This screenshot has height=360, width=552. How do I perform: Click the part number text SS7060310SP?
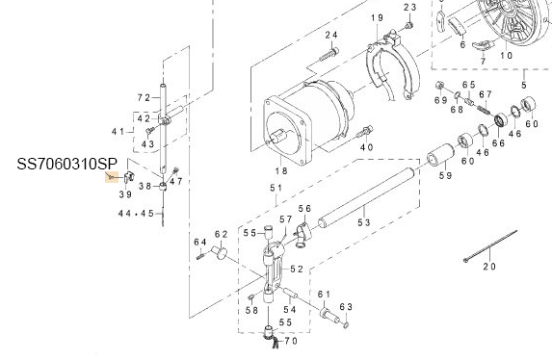(66, 164)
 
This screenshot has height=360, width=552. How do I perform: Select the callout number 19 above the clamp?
(376, 19)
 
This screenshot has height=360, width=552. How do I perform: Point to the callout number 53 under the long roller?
(364, 222)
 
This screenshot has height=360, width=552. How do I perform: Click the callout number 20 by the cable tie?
(488, 266)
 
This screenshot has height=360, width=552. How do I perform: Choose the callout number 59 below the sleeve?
(446, 176)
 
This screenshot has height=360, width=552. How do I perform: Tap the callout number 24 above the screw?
(331, 36)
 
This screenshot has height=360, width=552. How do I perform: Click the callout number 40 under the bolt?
(366, 148)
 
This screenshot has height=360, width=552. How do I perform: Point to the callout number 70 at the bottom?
(291, 342)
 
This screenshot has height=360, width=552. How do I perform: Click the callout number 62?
(221, 234)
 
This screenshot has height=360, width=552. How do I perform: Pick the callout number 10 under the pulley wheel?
(506, 55)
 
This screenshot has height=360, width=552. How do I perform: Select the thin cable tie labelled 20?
(491, 246)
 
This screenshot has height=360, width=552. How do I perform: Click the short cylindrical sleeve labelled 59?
(443, 153)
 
